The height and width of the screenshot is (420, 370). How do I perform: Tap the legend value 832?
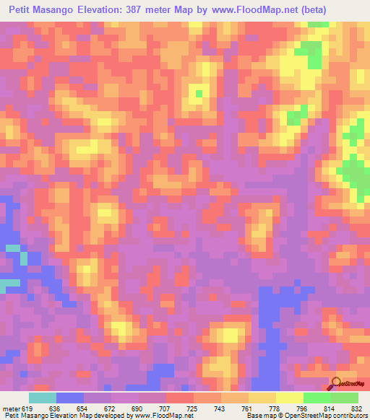coord(356,408)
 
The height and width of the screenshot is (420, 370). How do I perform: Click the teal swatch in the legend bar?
coord(43,398)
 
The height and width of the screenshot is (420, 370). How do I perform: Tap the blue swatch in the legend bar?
coord(70,398)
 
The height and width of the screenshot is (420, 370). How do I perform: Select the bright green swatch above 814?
coord(317,398)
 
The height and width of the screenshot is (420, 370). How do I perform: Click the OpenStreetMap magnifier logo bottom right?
coord(337,383)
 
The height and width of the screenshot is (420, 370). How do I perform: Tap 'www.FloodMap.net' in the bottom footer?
coord(157,416)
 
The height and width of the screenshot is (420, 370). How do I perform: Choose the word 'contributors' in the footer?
coord(348,416)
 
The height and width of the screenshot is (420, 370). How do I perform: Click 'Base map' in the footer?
coord(261,416)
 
